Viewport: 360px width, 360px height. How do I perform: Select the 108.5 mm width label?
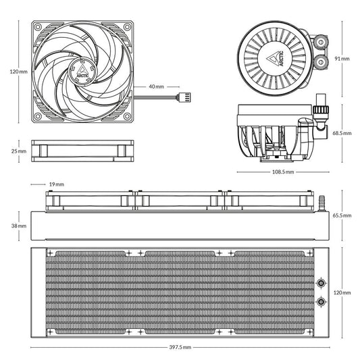click(x=282, y=172)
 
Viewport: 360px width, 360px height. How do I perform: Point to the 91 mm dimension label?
click(x=342, y=59)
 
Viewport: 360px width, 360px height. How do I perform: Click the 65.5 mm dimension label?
click(x=342, y=215)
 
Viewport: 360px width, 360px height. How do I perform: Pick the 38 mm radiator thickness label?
click(x=20, y=226)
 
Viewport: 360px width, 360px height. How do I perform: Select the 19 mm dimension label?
click(x=56, y=184)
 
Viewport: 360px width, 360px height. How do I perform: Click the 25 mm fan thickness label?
click(x=19, y=151)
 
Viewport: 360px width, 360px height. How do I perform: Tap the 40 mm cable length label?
click(x=156, y=87)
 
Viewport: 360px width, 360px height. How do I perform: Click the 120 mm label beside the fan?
click(x=18, y=70)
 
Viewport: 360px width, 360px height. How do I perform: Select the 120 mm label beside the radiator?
click(x=342, y=292)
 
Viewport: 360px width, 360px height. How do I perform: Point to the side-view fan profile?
click(x=82, y=151)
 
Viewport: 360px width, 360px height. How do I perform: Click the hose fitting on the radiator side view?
click(x=322, y=201)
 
